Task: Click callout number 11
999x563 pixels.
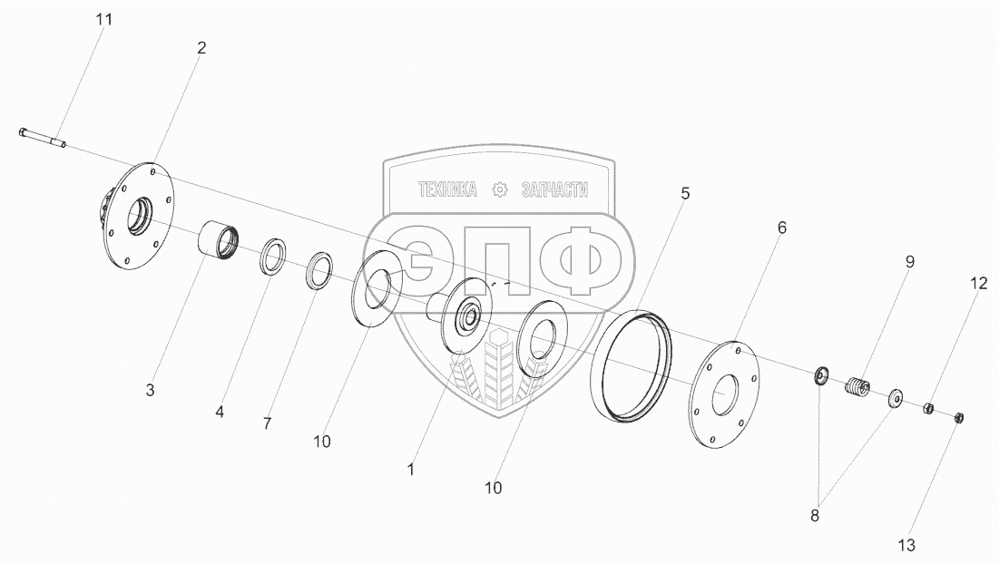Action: click(103, 20)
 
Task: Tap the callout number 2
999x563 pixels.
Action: click(202, 48)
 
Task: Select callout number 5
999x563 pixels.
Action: click(686, 193)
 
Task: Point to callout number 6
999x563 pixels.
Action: click(782, 228)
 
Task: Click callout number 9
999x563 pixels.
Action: click(910, 262)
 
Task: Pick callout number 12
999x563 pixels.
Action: click(979, 284)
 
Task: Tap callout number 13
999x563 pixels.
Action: click(906, 545)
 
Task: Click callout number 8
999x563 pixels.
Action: click(815, 516)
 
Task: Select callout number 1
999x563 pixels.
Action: click(411, 470)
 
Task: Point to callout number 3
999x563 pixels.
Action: click(151, 390)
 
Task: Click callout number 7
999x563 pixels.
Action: click(268, 423)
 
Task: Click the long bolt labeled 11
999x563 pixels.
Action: click(42, 138)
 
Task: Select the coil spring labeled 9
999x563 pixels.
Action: click(857, 386)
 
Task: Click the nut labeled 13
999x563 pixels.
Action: click(959, 418)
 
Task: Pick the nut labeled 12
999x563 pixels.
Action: click(929, 408)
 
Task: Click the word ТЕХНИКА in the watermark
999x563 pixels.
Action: click(447, 189)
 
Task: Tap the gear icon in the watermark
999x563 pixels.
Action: click(500, 189)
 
